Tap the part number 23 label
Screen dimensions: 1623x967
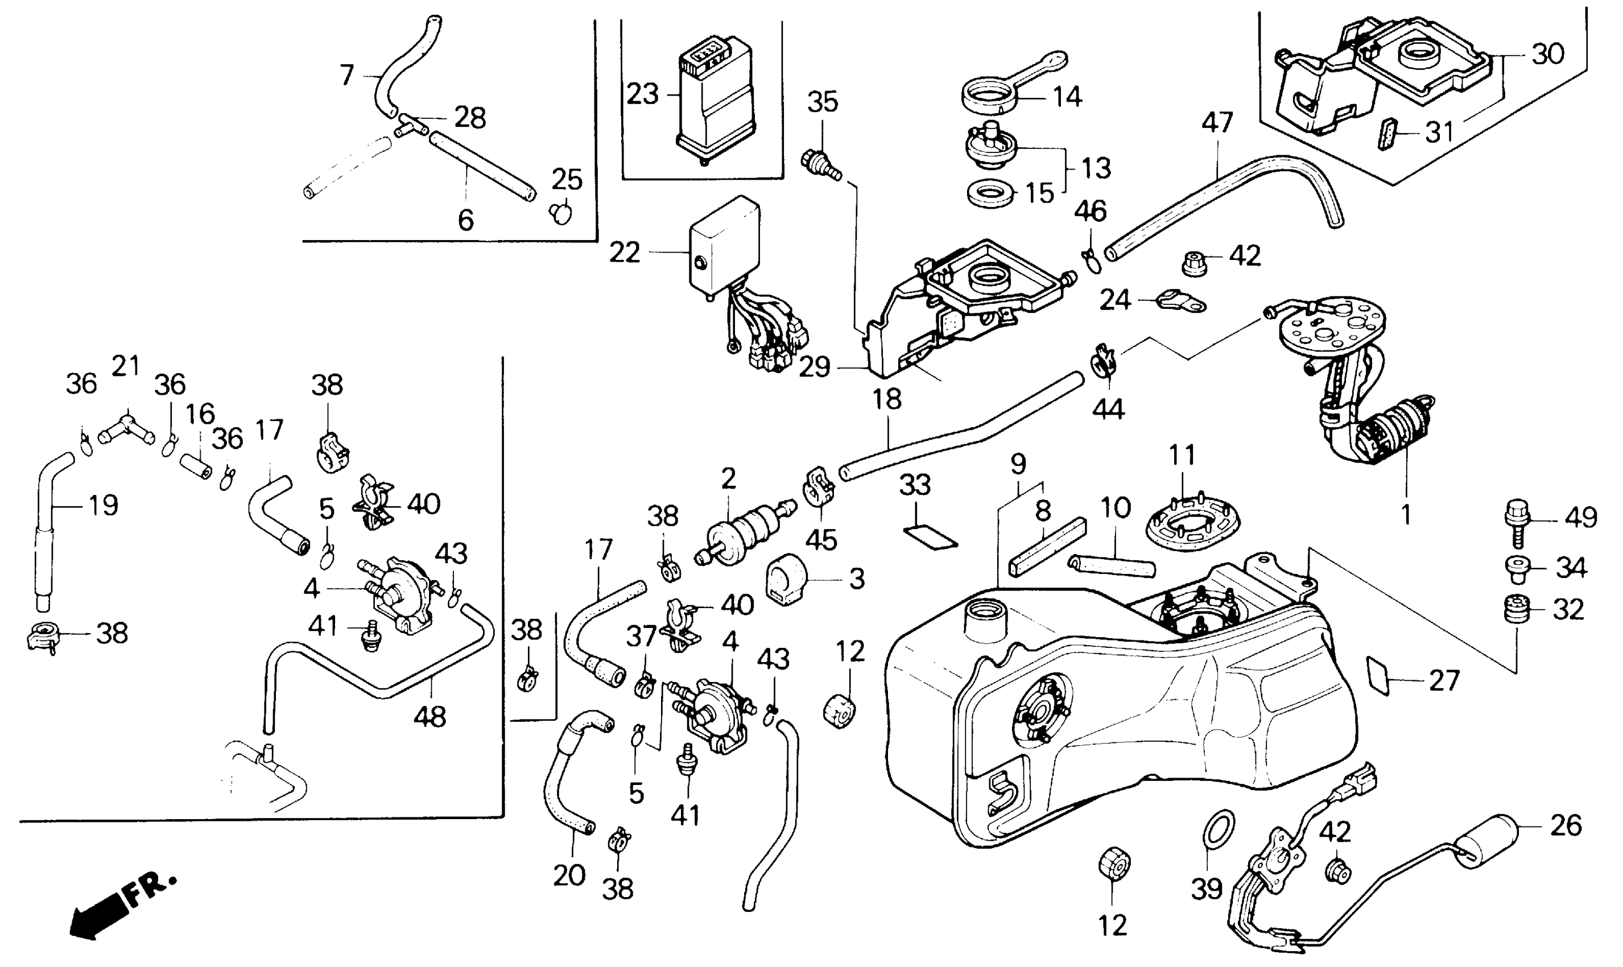coord(642,94)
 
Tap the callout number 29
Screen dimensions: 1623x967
coord(815,367)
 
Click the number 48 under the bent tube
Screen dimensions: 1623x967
coord(430,717)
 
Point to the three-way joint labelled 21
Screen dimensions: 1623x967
coord(126,427)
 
